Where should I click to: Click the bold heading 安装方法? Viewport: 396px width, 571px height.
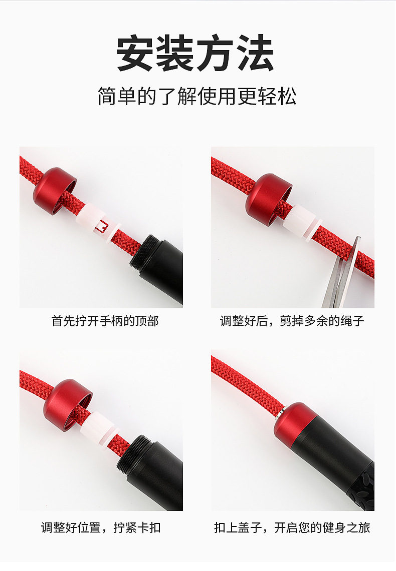pyautogui.click(x=195, y=54)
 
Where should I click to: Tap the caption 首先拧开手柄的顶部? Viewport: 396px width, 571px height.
pyautogui.click(x=105, y=321)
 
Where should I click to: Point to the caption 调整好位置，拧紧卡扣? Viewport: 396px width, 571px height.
pyautogui.click(x=101, y=527)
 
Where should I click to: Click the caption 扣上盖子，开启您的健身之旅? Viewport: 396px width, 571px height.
pyautogui.click(x=292, y=527)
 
